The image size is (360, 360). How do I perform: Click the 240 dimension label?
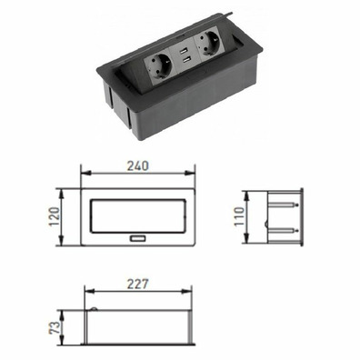tap(137, 165)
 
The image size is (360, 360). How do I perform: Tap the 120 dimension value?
tap(55, 216)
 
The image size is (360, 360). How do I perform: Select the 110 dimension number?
tap(239, 215)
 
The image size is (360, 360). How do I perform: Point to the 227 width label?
tap(138, 284)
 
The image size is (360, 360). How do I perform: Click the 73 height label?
tap(55, 327)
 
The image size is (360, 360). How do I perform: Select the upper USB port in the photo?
tap(183, 52)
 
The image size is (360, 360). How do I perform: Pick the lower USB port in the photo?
tap(186, 61)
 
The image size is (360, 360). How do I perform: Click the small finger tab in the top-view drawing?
tap(138, 238)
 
